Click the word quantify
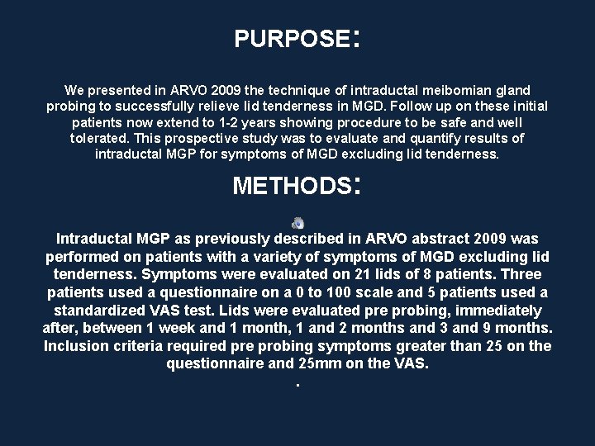click(x=427, y=138)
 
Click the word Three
click(x=520, y=274)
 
